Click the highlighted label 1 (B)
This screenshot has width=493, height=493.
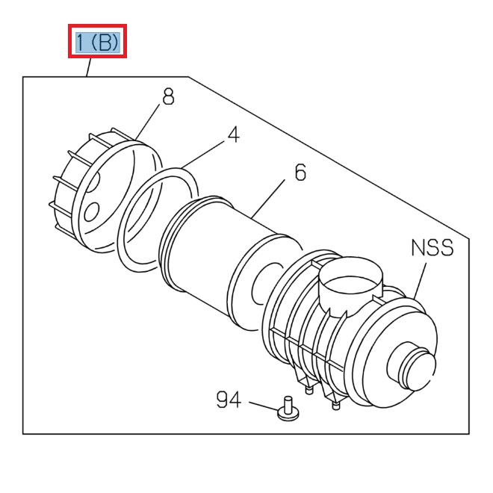pyautogui.click(x=98, y=41)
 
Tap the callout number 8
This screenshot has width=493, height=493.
pyautogui.click(x=168, y=97)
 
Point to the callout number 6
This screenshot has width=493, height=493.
pyautogui.click(x=300, y=173)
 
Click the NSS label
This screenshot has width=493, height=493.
pyautogui.click(x=432, y=247)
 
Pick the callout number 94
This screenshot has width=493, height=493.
pyautogui.click(x=229, y=400)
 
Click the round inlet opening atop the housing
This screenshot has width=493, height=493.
pyautogui.click(x=351, y=284)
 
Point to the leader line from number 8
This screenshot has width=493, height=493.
pyautogui.click(x=149, y=123)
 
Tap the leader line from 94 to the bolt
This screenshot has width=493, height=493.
pyautogui.click(x=263, y=406)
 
